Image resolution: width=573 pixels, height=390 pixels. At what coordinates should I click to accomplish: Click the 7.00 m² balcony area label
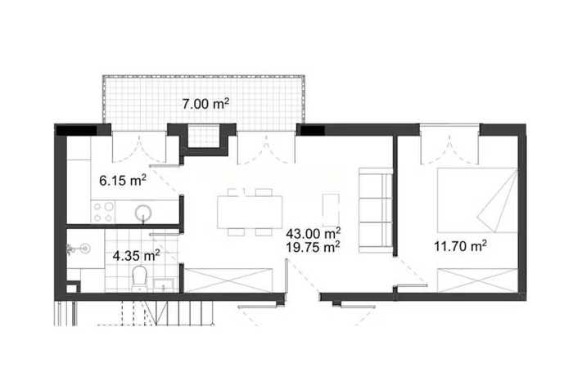(x=205, y=104)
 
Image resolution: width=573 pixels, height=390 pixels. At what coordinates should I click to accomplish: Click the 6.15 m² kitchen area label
(x=123, y=180)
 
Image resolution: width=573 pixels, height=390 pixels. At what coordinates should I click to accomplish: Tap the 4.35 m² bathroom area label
(x=137, y=256)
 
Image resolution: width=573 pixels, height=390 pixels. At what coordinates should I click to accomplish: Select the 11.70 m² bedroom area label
(x=460, y=246)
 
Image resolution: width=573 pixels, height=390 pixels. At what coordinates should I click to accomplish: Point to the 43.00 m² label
(x=314, y=233)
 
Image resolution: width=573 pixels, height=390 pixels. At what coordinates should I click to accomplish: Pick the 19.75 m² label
(x=313, y=247)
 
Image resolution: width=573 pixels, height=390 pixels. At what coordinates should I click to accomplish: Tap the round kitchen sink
(x=143, y=213)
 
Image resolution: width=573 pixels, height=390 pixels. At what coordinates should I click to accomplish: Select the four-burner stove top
(x=102, y=212)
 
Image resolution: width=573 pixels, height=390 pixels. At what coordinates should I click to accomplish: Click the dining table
(x=250, y=212)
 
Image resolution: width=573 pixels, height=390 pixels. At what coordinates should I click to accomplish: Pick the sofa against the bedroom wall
(x=375, y=210)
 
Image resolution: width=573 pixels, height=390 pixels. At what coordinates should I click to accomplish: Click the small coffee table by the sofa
(x=331, y=210)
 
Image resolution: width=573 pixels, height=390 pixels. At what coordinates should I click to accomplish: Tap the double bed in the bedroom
(x=477, y=200)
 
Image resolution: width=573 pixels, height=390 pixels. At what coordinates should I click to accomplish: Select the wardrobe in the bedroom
(x=477, y=280)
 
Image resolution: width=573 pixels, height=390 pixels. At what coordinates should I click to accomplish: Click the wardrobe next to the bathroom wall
(x=228, y=280)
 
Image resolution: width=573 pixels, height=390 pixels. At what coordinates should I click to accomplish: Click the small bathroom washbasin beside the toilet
(x=164, y=285)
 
